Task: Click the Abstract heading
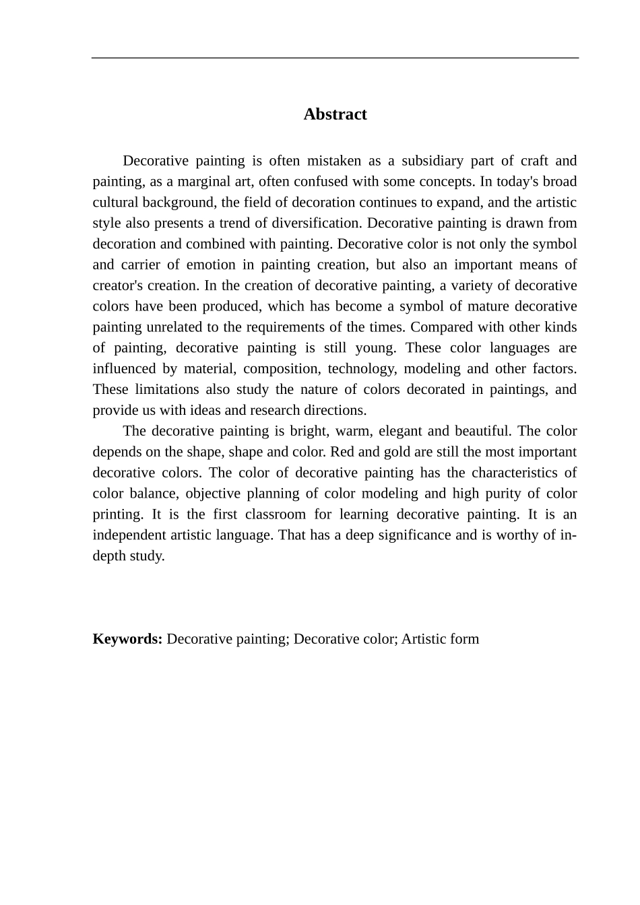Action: pos(335,114)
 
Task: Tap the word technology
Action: pos(361,369)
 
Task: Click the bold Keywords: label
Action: pos(127,640)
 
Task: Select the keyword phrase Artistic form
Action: pos(440,640)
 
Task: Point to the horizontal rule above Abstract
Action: pos(335,58)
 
